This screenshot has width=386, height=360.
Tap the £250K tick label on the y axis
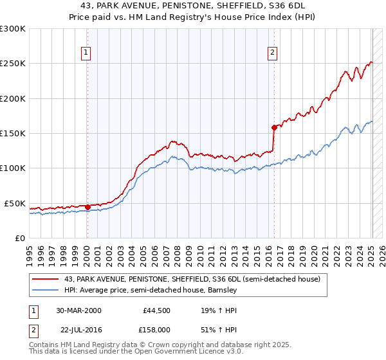tap(13, 64)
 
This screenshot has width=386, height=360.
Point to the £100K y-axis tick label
tap(13, 168)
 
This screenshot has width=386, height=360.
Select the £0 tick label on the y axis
tap(19, 238)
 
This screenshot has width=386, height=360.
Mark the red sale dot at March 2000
tap(87, 207)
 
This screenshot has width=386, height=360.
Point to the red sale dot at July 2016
tap(274, 127)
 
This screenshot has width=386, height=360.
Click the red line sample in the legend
tap(46, 279)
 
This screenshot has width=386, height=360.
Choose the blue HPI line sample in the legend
tap(46, 290)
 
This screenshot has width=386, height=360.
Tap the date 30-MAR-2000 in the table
tap(78, 310)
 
